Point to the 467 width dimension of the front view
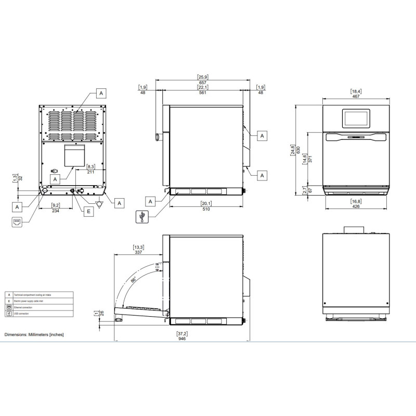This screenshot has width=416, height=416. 357,96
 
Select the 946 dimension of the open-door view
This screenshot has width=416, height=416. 181,338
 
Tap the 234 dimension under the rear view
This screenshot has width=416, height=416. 56,211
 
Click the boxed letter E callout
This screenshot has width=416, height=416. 88,211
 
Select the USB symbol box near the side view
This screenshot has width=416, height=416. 141,217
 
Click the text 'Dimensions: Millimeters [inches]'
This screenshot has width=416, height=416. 34,335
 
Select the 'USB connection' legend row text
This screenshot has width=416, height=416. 23,314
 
